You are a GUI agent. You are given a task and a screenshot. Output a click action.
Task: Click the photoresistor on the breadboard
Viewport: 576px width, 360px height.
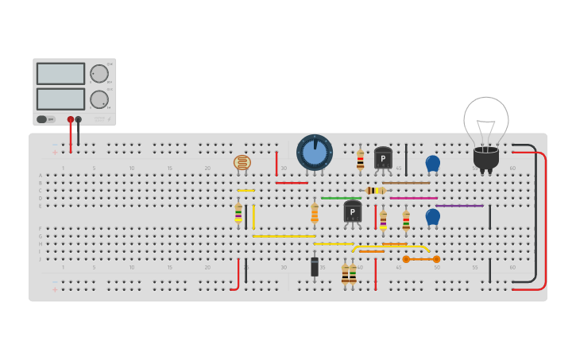(x=242, y=163)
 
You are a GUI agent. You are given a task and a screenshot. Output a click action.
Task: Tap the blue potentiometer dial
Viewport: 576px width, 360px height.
(x=315, y=153)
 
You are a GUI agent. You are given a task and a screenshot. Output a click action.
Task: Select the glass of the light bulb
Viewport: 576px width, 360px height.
(x=485, y=119)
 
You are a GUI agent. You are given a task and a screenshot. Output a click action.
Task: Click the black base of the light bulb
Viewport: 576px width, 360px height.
(x=486, y=157)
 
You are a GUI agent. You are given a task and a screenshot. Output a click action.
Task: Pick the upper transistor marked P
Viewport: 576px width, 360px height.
(x=383, y=157)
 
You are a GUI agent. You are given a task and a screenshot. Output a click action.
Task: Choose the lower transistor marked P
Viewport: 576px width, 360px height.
(x=352, y=211)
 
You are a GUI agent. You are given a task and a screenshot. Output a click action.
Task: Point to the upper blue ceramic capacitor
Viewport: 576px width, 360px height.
(x=432, y=163)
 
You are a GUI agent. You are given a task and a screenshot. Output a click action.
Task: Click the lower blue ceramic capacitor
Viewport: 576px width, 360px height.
(x=432, y=216)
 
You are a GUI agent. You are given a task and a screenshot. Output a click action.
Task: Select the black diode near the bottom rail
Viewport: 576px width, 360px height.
(x=315, y=266)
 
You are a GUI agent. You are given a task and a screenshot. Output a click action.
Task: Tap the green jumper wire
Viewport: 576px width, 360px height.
(x=341, y=198)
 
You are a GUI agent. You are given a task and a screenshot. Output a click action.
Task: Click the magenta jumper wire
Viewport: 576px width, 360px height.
(x=413, y=198)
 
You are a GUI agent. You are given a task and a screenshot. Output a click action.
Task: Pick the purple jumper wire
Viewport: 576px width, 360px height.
(x=459, y=206)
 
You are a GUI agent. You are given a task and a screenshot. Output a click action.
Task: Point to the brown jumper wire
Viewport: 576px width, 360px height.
(x=406, y=183)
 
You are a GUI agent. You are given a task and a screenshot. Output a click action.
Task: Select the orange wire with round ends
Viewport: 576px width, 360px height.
(x=421, y=259)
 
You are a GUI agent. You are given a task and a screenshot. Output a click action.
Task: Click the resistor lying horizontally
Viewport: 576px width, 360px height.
(x=375, y=191)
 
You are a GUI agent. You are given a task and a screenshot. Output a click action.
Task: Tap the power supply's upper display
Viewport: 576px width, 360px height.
(x=60, y=74)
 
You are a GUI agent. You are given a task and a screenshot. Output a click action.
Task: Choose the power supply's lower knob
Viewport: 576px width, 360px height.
(x=99, y=99)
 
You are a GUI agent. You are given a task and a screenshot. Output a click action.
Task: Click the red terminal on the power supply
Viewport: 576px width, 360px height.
(x=71, y=120)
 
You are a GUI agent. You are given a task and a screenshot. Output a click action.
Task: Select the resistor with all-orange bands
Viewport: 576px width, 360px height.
(x=315, y=213)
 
